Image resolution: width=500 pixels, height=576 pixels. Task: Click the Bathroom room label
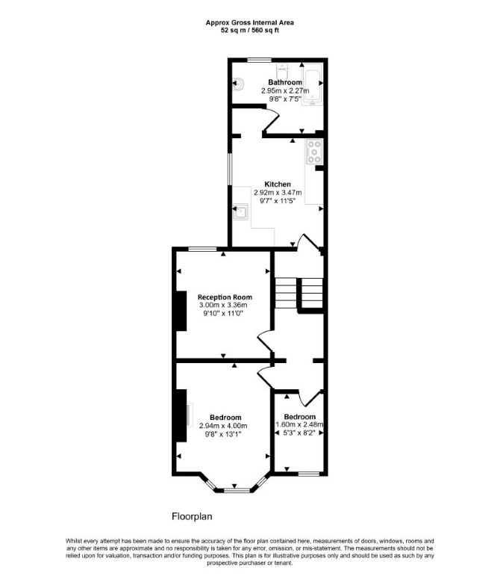(285, 82)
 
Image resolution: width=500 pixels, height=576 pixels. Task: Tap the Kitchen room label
(278, 184)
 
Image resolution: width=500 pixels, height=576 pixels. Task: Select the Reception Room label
(225, 297)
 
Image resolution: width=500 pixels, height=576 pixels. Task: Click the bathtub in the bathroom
(312, 84)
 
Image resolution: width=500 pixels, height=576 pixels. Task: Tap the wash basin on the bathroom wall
(238, 84)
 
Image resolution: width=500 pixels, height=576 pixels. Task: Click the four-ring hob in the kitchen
(314, 152)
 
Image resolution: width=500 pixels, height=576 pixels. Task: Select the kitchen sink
(240, 212)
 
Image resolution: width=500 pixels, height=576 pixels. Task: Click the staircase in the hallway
(299, 293)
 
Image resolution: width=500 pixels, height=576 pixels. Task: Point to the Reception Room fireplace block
(181, 311)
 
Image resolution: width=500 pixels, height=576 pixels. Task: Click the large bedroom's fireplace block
(181, 415)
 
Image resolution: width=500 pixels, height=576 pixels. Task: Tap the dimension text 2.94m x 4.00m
(223, 426)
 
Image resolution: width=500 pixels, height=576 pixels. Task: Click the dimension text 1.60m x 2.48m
(299, 424)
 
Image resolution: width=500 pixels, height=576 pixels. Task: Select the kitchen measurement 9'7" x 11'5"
(278, 200)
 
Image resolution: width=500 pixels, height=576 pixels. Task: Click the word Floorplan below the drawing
(192, 516)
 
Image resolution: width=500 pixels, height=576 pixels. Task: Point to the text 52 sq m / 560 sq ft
(249, 31)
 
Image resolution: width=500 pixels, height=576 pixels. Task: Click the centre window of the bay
(234, 490)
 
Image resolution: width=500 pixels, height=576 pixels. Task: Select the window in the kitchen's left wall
(230, 169)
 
